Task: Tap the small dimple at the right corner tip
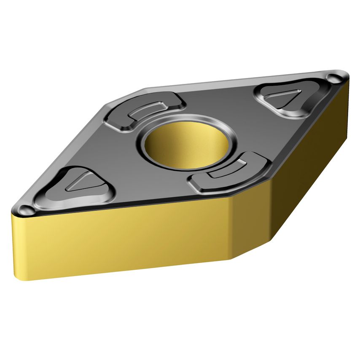pyautogui.click(x=336, y=78)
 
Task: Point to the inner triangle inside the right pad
pyautogui.click(x=285, y=98)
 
